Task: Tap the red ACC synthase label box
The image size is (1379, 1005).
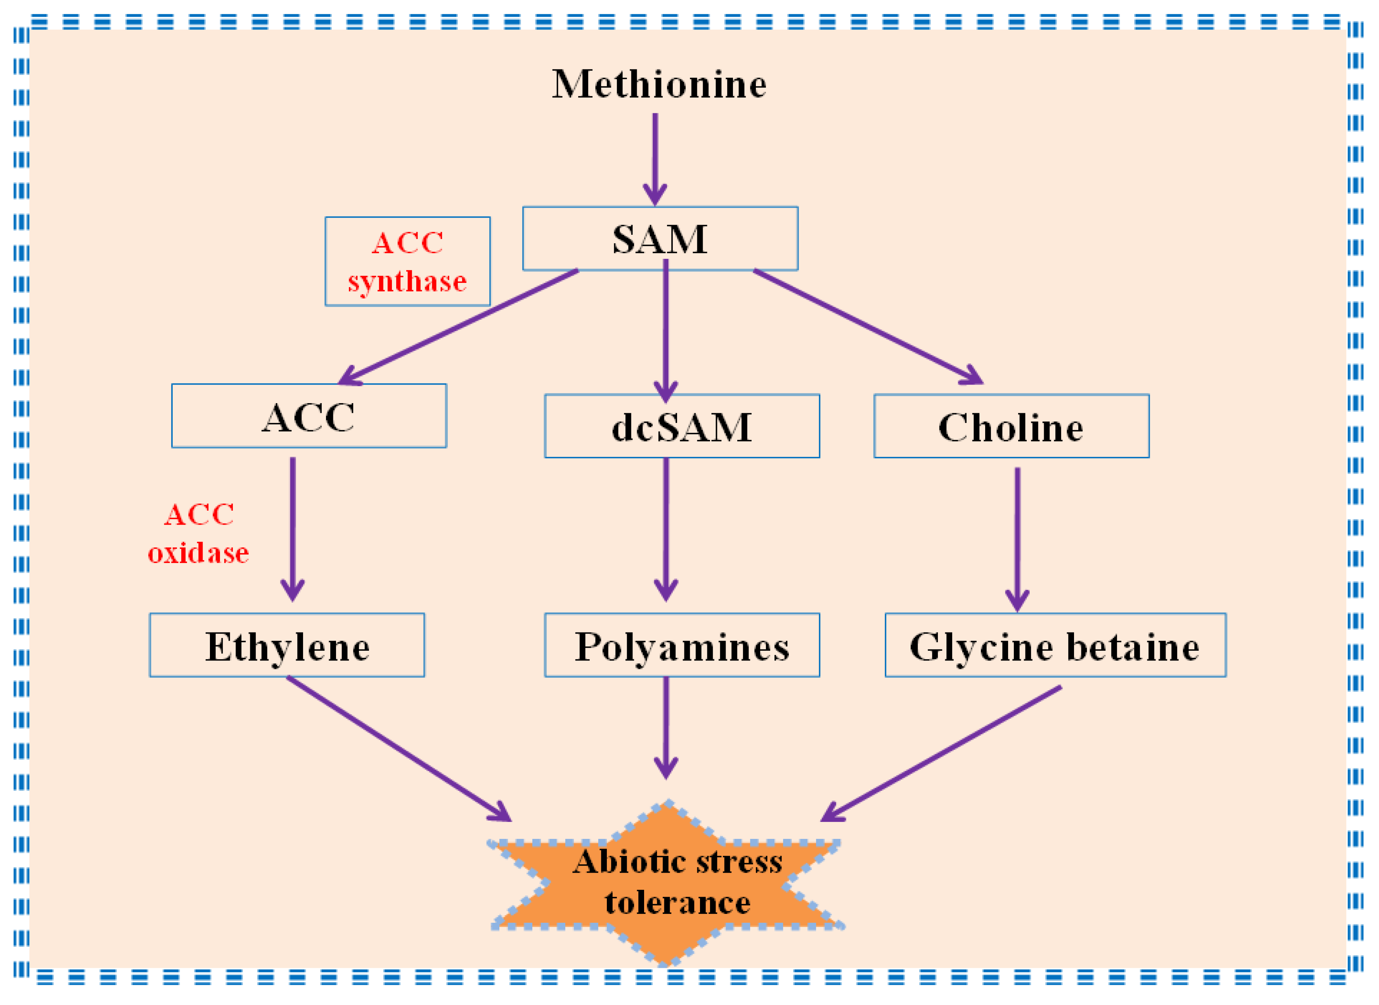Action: [x=407, y=261]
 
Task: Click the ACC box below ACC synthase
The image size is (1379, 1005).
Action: [x=308, y=416]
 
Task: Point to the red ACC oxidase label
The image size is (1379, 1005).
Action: [x=198, y=534]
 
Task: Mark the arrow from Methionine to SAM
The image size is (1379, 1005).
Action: [x=655, y=158]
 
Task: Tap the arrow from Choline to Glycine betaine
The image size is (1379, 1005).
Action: [x=1017, y=539]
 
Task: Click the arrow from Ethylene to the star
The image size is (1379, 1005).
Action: [x=398, y=748]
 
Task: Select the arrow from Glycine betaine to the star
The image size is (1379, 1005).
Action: [x=943, y=753]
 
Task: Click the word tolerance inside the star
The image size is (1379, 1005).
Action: [x=677, y=902]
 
